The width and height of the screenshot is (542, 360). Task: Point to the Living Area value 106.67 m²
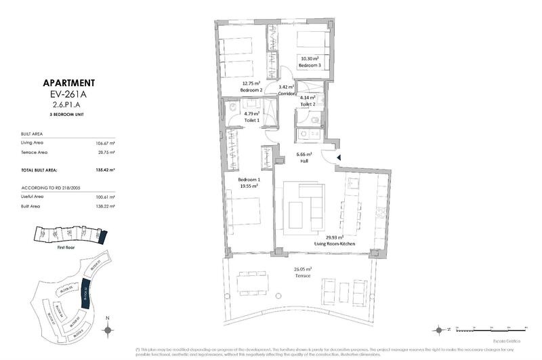104,144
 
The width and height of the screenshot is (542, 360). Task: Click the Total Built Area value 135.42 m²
104,169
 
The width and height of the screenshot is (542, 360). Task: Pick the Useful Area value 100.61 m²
104,196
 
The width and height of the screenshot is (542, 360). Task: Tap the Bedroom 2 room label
251,90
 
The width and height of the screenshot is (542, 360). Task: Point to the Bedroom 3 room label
310,66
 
